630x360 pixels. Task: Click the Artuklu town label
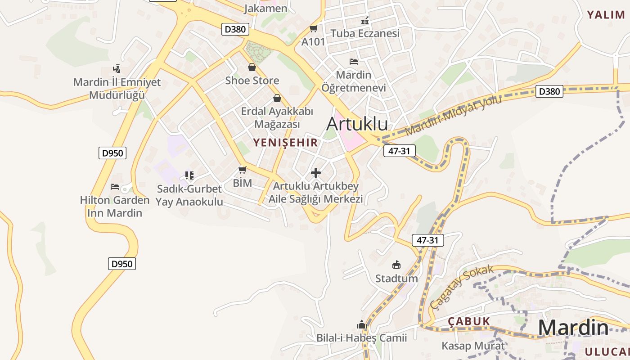pos(357,123)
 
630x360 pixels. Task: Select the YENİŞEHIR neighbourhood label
pos(285,143)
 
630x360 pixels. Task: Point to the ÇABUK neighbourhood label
pos(468,321)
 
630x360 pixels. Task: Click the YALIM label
pos(606,15)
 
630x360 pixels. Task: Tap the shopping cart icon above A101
pos(313,29)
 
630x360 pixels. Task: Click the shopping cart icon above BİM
pos(243,170)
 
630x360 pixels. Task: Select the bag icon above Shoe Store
pos(252,67)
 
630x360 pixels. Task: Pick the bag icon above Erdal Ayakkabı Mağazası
pos(277,98)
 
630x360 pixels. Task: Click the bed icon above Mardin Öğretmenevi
pos(354,62)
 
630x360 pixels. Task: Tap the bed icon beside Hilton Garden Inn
pos(115,187)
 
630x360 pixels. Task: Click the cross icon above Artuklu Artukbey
pos(316,173)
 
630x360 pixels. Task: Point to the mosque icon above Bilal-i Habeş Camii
pos(361,324)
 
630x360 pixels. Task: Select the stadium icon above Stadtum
pos(396,265)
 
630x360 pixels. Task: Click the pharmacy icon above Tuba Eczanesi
pos(365,21)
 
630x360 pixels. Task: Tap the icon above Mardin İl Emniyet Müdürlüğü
pos(117,69)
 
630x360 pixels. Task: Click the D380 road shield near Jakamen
pos(235,30)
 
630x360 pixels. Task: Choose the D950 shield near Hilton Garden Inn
pos(112,153)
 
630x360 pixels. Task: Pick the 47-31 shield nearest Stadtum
pos(427,240)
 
